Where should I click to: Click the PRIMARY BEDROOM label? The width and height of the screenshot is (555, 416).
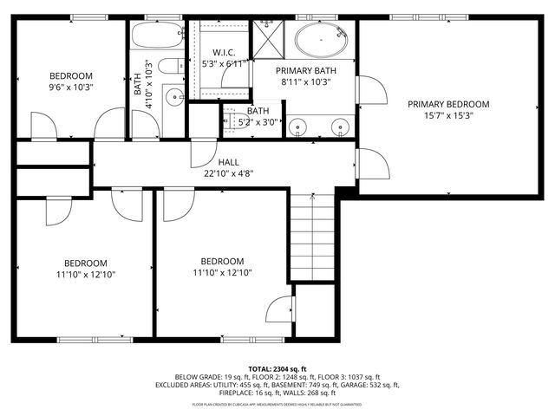coord(448,104)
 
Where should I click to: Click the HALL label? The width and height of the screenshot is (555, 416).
coord(229,162)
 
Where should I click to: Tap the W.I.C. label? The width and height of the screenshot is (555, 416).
coord(224,52)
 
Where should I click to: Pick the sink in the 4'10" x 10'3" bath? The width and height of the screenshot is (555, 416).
coord(172,97)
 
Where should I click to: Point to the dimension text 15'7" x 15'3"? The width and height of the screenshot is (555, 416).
coord(448,116)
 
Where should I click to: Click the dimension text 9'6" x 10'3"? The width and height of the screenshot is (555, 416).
coord(70,87)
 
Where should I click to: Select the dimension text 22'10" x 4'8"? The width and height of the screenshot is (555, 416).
coord(229,173)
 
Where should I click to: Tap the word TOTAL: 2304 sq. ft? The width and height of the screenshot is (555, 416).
coord(277,369)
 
